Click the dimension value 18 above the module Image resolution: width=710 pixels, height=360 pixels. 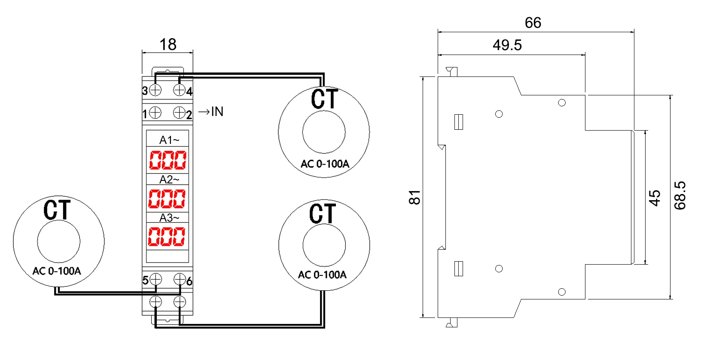tap(168, 44)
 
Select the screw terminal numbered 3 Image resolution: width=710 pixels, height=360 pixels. tap(155, 90)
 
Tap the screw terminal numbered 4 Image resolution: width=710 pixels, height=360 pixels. tap(179, 90)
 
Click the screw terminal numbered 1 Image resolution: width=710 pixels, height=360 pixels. tap(155, 113)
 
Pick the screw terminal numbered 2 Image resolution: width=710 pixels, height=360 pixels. tap(179, 113)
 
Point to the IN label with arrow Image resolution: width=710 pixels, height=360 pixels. tap(211, 112)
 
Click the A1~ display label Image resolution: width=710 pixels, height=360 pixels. tap(169, 140)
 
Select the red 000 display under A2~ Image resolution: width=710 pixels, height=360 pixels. tap(167, 198)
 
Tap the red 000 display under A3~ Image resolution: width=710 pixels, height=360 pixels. tap(167, 236)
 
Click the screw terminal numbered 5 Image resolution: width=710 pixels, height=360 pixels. tap(155, 279)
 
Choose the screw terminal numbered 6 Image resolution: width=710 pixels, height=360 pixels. tap(180, 279)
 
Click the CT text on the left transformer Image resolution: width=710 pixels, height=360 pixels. tap(57, 210)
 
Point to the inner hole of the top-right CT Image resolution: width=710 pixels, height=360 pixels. tap(324, 132)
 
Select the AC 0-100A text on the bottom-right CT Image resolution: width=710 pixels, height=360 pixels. tap(322, 275)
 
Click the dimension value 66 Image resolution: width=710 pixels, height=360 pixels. tap(533, 23)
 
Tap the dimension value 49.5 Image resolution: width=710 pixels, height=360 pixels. tap(507, 45)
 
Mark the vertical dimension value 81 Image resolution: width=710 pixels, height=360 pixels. tap(414, 197)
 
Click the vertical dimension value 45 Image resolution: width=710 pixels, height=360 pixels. tap(654, 198)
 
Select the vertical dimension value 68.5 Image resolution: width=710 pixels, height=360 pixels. tap(680, 195)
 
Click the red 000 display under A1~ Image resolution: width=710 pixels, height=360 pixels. tap(168, 160)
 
